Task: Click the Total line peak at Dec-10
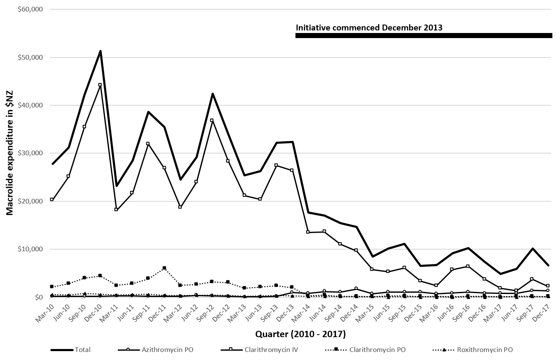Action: [100, 51]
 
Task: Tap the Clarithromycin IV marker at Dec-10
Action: [100, 85]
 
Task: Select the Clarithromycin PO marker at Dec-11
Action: [164, 268]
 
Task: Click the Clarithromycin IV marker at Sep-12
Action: [212, 120]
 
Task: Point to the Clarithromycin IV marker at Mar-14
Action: [308, 232]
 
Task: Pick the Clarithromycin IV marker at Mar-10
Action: [52, 199]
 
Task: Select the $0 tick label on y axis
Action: [39, 297]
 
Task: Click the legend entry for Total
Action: [83, 350]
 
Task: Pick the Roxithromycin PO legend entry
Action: [485, 350]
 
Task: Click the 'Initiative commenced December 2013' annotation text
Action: [369, 28]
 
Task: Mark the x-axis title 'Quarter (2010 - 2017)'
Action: [301, 335]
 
